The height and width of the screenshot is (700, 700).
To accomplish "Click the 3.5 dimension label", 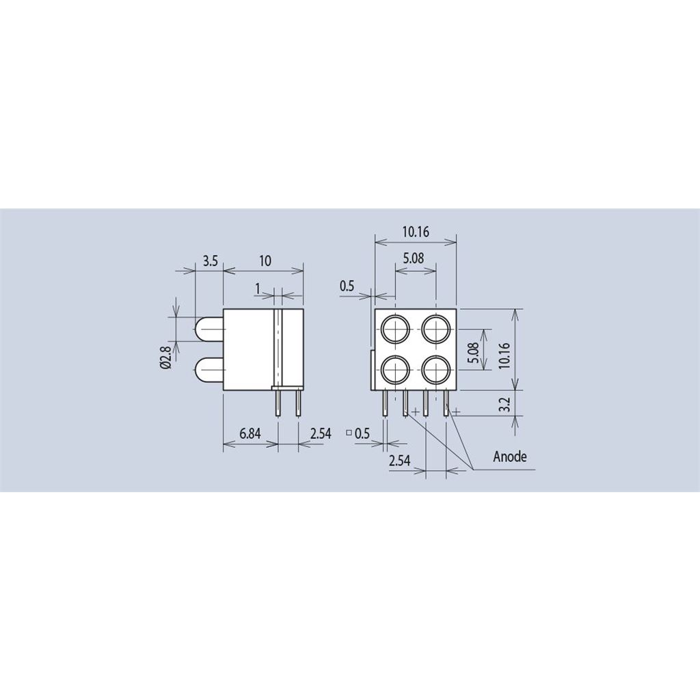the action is click(x=210, y=260).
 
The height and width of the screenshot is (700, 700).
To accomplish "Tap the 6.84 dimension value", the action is click(x=250, y=433).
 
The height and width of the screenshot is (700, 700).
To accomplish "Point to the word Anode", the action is click(x=510, y=456).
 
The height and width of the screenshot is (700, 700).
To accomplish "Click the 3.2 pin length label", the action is click(x=504, y=405).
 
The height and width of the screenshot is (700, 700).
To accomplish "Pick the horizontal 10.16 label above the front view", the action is click(x=416, y=232).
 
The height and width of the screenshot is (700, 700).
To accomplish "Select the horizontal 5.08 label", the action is click(x=414, y=258).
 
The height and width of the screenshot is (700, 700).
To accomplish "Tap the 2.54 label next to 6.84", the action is click(x=321, y=433).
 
